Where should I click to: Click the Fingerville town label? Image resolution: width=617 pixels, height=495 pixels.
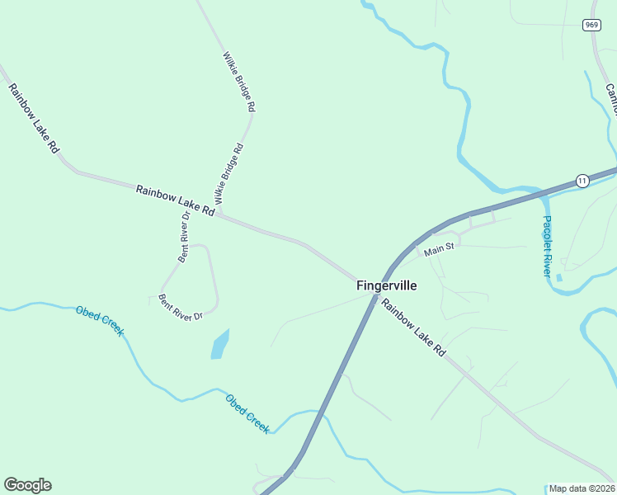[387, 286]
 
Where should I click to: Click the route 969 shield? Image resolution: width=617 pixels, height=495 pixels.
[591, 26]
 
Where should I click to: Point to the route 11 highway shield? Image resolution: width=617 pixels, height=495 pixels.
[582, 181]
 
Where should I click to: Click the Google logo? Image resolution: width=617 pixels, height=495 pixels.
[27, 485]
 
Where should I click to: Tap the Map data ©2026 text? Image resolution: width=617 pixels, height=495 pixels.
[582, 488]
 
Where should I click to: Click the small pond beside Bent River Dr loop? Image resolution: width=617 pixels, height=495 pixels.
[219, 344]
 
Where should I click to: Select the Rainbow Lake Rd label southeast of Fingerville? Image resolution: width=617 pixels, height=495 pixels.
[412, 328]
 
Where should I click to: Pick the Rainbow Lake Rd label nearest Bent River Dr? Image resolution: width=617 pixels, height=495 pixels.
[175, 200]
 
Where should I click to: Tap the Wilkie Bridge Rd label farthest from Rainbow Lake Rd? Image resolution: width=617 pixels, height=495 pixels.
[239, 82]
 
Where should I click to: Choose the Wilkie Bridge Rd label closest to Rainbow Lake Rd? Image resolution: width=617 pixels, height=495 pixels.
[229, 174]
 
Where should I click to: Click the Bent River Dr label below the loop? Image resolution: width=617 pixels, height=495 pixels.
[181, 306]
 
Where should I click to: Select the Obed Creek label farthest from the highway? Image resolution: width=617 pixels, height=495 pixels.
[100, 321]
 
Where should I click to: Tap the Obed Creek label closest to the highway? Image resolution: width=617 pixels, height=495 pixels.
[247, 413]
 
